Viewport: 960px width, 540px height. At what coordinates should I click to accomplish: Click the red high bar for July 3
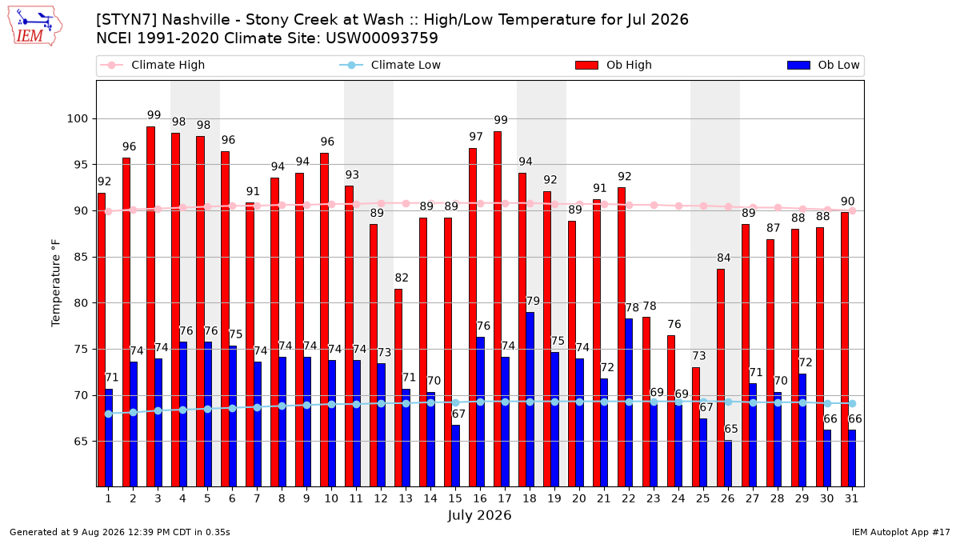pyautogui.click(x=151, y=306)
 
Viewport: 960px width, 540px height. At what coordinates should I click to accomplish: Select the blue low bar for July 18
pyautogui.click(x=530, y=399)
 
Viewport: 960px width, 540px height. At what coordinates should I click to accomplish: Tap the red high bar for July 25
pyautogui.click(x=695, y=427)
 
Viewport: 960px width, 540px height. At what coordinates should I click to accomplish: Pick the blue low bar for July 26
pyautogui.click(x=728, y=463)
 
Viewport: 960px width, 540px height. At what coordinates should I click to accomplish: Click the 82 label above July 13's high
pyautogui.click(x=402, y=278)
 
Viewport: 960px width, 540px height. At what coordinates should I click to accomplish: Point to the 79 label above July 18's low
pyautogui.click(x=533, y=301)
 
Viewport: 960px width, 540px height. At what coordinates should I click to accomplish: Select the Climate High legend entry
pyautogui.click(x=152, y=65)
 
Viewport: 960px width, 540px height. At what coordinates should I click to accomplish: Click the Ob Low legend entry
pyautogui.click(x=823, y=65)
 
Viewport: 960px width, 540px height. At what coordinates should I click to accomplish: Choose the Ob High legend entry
pyautogui.click(x=614, y=65)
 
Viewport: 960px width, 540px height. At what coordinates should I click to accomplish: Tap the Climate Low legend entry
pyautogui.click(x=390, y=65)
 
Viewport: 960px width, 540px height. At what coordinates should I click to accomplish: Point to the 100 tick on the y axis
pyautogui.click(x=77, y=118)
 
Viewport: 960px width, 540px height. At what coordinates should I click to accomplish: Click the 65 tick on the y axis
pyautogui.click(x=81, y=442)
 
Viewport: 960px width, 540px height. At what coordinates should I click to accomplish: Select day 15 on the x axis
pyautogui.click(x=455, y=498)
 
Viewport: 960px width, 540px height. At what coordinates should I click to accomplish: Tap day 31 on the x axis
pyautogui.click(x=851, y=498)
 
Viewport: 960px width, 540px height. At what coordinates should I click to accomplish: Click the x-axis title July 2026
pyautogui.click(x=479, y=515)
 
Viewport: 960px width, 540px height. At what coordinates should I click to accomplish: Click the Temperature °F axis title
pyautogui.click(x=56, y=283)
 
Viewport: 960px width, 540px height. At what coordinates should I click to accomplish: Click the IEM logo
pyautogui.click(x=35, y=26)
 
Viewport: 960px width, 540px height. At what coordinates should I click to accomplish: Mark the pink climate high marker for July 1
pyautogui.click(x=109, y=211)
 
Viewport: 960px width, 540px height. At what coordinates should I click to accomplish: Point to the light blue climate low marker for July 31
pyautogui.click(x=853, y=404)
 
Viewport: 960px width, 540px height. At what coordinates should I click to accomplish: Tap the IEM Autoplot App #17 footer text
pyautogui.click(x=901, y=532)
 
